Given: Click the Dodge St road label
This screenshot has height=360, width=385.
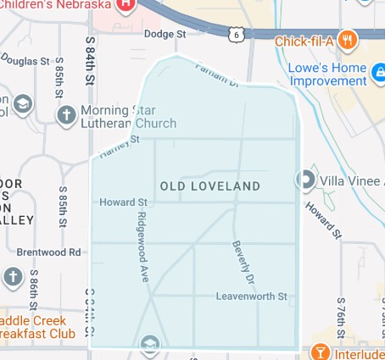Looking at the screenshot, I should (165, 34).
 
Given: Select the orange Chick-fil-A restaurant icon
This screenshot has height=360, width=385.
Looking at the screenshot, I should (347, 40).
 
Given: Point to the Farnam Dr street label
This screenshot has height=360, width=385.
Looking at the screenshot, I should (213, 75).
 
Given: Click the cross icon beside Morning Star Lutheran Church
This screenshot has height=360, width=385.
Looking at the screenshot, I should (65, 114).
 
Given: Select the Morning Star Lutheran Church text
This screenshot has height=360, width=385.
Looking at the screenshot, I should (128, 117).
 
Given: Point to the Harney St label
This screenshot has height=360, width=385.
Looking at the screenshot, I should (118, 150).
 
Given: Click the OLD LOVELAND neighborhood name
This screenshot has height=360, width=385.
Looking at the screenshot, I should (209, 186).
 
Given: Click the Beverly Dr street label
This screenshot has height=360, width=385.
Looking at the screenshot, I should (243, 262).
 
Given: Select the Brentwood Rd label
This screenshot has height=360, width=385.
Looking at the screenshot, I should (48, 252).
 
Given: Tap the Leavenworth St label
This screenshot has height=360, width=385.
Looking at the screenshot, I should (252, 296).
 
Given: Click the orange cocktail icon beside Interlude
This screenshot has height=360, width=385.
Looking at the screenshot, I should (321, 352).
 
